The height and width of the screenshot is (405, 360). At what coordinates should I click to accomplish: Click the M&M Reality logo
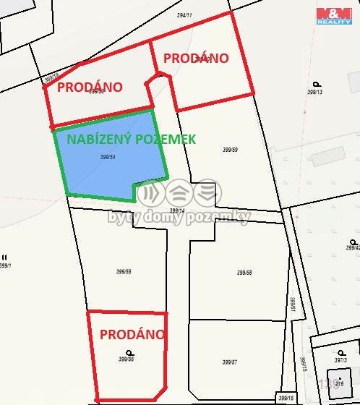point(334,14)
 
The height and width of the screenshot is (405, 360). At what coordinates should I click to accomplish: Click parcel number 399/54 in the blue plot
point(108,156)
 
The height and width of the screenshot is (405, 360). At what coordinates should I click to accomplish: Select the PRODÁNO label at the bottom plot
point(132,334)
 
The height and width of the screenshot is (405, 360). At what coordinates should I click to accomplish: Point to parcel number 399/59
point(230,150)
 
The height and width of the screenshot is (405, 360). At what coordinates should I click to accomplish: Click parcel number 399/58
point(244,273)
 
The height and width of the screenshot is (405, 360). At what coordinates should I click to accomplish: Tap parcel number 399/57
point(230,362)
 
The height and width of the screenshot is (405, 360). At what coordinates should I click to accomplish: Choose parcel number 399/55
point(123,272)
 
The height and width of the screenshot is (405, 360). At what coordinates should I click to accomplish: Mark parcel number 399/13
point(314,92)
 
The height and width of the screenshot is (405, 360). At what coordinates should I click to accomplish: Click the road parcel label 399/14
point(177,210)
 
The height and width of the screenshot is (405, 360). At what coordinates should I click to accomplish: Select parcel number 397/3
point(342,359)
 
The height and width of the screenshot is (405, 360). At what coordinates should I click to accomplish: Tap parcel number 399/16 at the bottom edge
point(286,398)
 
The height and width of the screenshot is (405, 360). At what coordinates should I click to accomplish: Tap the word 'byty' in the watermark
point(124,217)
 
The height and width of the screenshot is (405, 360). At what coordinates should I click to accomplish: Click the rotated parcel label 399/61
point(293,304)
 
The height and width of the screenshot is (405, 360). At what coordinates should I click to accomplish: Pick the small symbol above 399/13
point(316,84)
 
